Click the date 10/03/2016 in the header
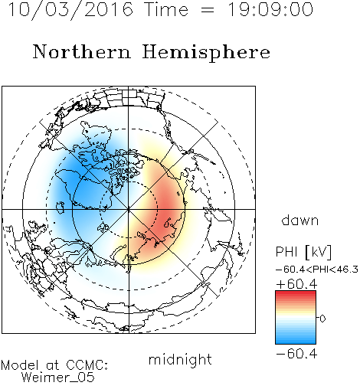[70, 10]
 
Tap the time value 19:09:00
[270, 9]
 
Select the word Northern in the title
[82, 51]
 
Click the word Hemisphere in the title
[206, 53]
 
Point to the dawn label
[300, 220]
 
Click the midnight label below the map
[180, 360]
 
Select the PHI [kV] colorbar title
[303, 252]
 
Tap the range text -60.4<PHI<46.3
[317, 270]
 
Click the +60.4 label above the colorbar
[296, 284]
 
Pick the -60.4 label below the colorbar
[296, 354]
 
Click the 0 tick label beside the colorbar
[322, 319]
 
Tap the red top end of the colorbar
[296, 293]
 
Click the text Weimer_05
[58, 377]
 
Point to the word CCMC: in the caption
[87, 365]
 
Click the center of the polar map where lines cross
[129, 209]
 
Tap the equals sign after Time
[208, 11]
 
